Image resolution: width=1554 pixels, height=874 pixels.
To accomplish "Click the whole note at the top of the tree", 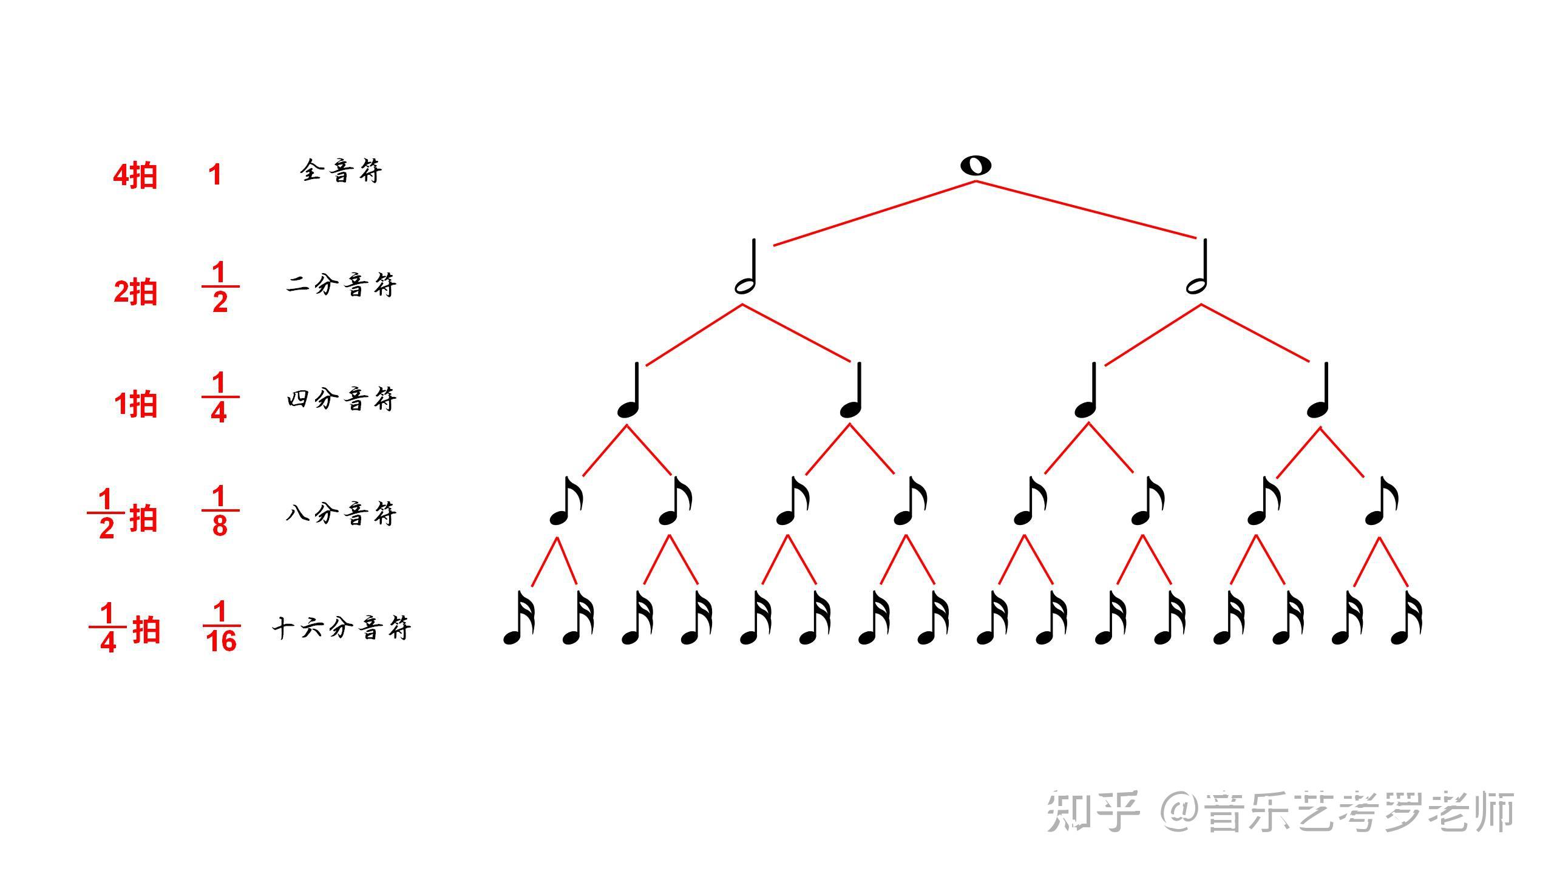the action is (x=975, y=166).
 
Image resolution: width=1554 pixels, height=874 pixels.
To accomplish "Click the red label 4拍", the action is (x=135, y=176).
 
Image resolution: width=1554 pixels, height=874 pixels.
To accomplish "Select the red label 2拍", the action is (x=135, y=292).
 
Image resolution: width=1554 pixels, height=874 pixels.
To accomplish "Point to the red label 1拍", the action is (x=135, y=404).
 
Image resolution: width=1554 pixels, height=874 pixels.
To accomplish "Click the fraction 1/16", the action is (x=221, y=626).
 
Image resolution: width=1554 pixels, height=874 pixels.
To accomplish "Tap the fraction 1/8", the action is (x=220, y=510).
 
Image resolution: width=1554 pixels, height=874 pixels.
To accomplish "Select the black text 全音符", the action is (x=341, y=172).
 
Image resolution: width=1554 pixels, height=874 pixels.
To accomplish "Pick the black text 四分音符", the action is (x=341, y=399).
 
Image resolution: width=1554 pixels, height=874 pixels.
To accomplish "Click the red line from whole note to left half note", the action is (x=874, y=213).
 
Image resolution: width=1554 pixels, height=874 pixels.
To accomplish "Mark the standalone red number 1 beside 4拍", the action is (x=215, y=175).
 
